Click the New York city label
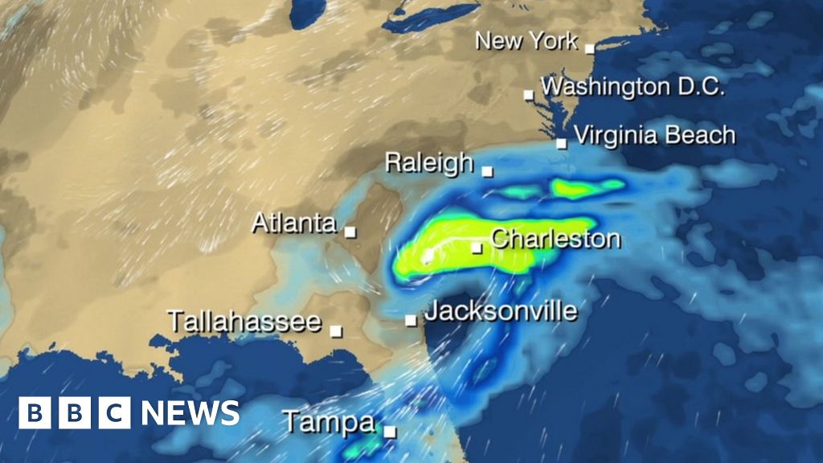coord(526,41)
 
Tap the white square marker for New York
coord(589,48)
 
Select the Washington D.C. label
coord(633,86)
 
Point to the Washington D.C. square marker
coord(529,95)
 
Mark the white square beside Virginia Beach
coord(562,144)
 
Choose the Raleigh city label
coord(429,162)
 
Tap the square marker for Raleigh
coord(487,170)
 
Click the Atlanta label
coord(294,223)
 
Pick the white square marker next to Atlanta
coord(350,231)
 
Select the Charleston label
coord(555,239)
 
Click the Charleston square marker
coord(477,248)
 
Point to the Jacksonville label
coord(500,311)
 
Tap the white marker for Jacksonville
coord(411,320)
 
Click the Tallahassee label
coord(244,322)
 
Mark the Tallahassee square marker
coord(336,330)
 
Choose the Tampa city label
coord(328,423)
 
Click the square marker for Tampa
coord(390,432)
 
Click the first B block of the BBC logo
coord(35,413)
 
